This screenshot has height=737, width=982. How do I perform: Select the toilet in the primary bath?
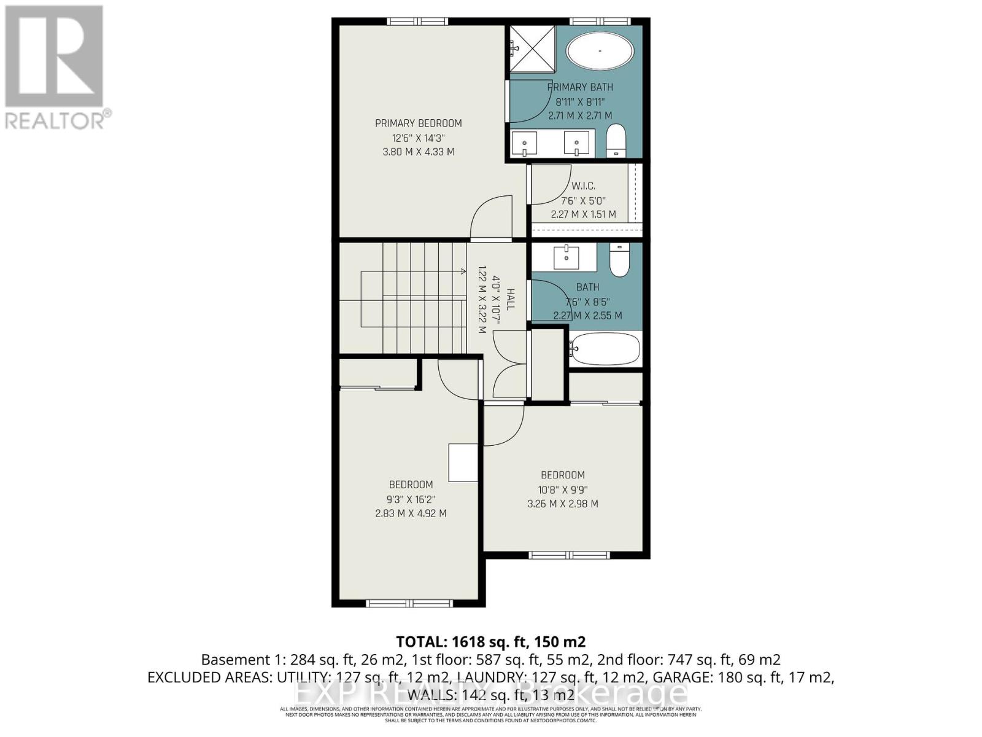coord(616,141)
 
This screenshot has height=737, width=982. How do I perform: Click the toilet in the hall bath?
coord(620,260)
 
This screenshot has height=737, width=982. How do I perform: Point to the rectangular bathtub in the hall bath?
coord(605,349)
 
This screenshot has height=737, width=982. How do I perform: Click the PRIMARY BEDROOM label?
coord(419,123)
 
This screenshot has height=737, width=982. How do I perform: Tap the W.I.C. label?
coord(583,186)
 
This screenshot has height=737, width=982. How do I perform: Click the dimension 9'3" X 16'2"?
coord(411,499)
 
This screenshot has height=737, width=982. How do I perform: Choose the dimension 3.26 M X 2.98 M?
coord(563,504)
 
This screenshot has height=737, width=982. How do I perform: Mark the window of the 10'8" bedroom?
coord(570,555)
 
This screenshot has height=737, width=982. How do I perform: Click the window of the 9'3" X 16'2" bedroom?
coord(409,603)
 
